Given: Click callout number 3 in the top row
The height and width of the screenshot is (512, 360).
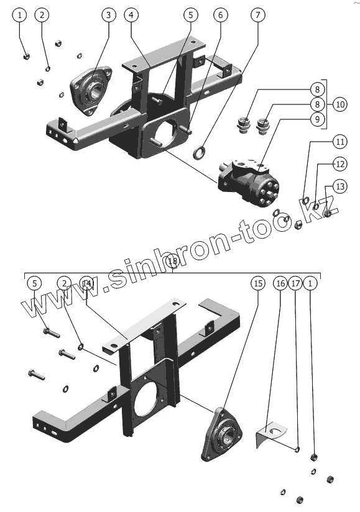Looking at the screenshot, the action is click(108, 15).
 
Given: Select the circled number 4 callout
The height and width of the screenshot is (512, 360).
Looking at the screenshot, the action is click(131, 15).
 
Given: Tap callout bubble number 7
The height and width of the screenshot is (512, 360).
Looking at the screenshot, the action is click(258, 15).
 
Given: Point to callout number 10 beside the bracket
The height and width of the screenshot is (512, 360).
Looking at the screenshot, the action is click(340, 104).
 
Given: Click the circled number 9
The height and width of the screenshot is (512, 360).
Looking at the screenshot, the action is click(317, 119).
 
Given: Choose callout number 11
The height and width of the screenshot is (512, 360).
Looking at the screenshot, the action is click(340, 142).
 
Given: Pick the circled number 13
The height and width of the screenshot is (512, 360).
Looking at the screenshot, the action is click(340, 186).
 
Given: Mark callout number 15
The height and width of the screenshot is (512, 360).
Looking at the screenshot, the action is click(258, 283).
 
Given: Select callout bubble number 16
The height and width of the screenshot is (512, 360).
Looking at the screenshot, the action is click(280, 283).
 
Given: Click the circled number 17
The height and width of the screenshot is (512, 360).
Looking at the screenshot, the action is click(295, 283).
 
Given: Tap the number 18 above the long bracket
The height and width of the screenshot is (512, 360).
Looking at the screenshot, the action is click(172, 261).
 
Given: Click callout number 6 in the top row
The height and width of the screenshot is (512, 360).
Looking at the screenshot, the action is click(221, 15).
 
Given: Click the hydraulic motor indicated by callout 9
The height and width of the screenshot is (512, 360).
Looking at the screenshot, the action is click(249, 182).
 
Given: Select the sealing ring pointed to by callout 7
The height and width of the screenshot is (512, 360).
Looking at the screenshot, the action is click(200, 153).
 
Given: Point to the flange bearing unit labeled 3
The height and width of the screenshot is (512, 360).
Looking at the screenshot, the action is click(91, 91).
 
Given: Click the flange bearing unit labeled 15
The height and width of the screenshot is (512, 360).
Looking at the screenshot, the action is click(221, 434).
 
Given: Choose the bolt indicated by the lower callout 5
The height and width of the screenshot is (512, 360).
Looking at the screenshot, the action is click(51, 332).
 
